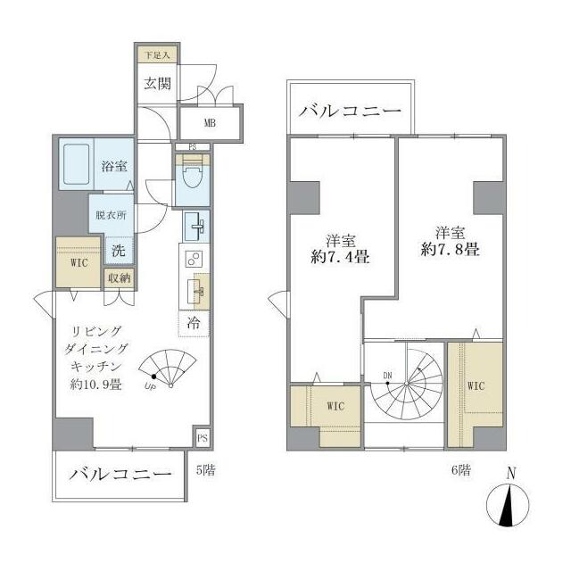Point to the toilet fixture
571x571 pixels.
point(190,179)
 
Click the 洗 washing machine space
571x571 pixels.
point(118,251)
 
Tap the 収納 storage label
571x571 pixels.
point(119,278)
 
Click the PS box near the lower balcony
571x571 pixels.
point(203,438)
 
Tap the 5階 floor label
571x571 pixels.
point(204,468)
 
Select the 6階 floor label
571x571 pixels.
point(460,468)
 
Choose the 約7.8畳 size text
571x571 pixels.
point(451,251)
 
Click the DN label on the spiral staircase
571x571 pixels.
point(389,375)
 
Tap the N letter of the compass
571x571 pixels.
point(510,473)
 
